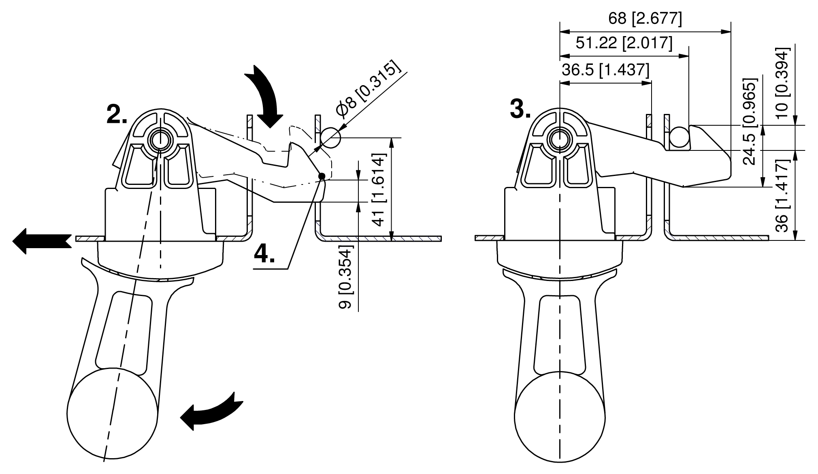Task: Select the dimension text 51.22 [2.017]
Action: point(624,43)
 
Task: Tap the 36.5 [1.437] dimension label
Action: point(605,70)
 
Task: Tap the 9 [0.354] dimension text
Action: point(345,277)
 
